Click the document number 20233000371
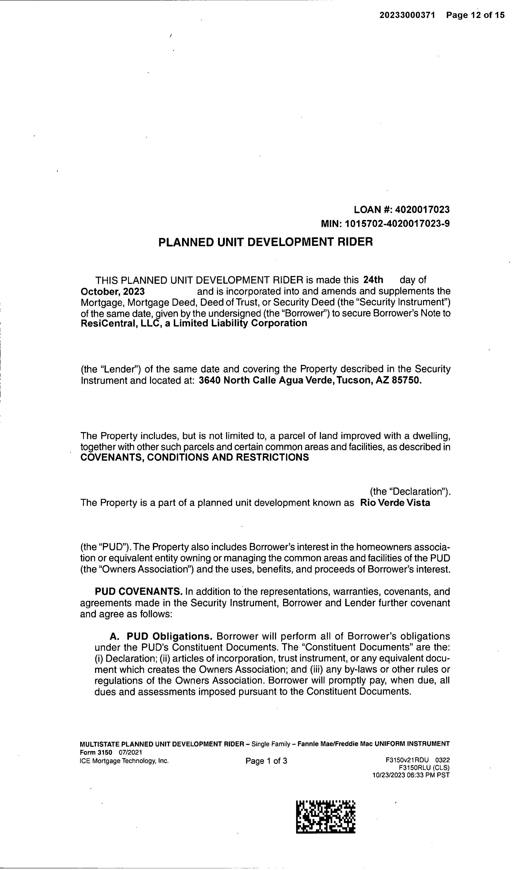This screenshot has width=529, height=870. pos(407,15)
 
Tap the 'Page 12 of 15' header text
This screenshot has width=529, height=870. pos(475,15)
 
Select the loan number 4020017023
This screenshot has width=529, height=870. pos(422,210)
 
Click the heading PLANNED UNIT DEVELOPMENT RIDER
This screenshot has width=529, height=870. pos(265,242)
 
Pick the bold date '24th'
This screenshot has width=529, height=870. pos(373,280)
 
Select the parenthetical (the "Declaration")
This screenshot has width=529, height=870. pos(410,491)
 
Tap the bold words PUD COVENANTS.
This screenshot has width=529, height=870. pos(138,592)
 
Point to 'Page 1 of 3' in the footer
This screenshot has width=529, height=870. pos(266,761)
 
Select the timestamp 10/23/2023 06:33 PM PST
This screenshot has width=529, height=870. pos(411,775)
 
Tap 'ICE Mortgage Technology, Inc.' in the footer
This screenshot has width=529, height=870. pos(124,761)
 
